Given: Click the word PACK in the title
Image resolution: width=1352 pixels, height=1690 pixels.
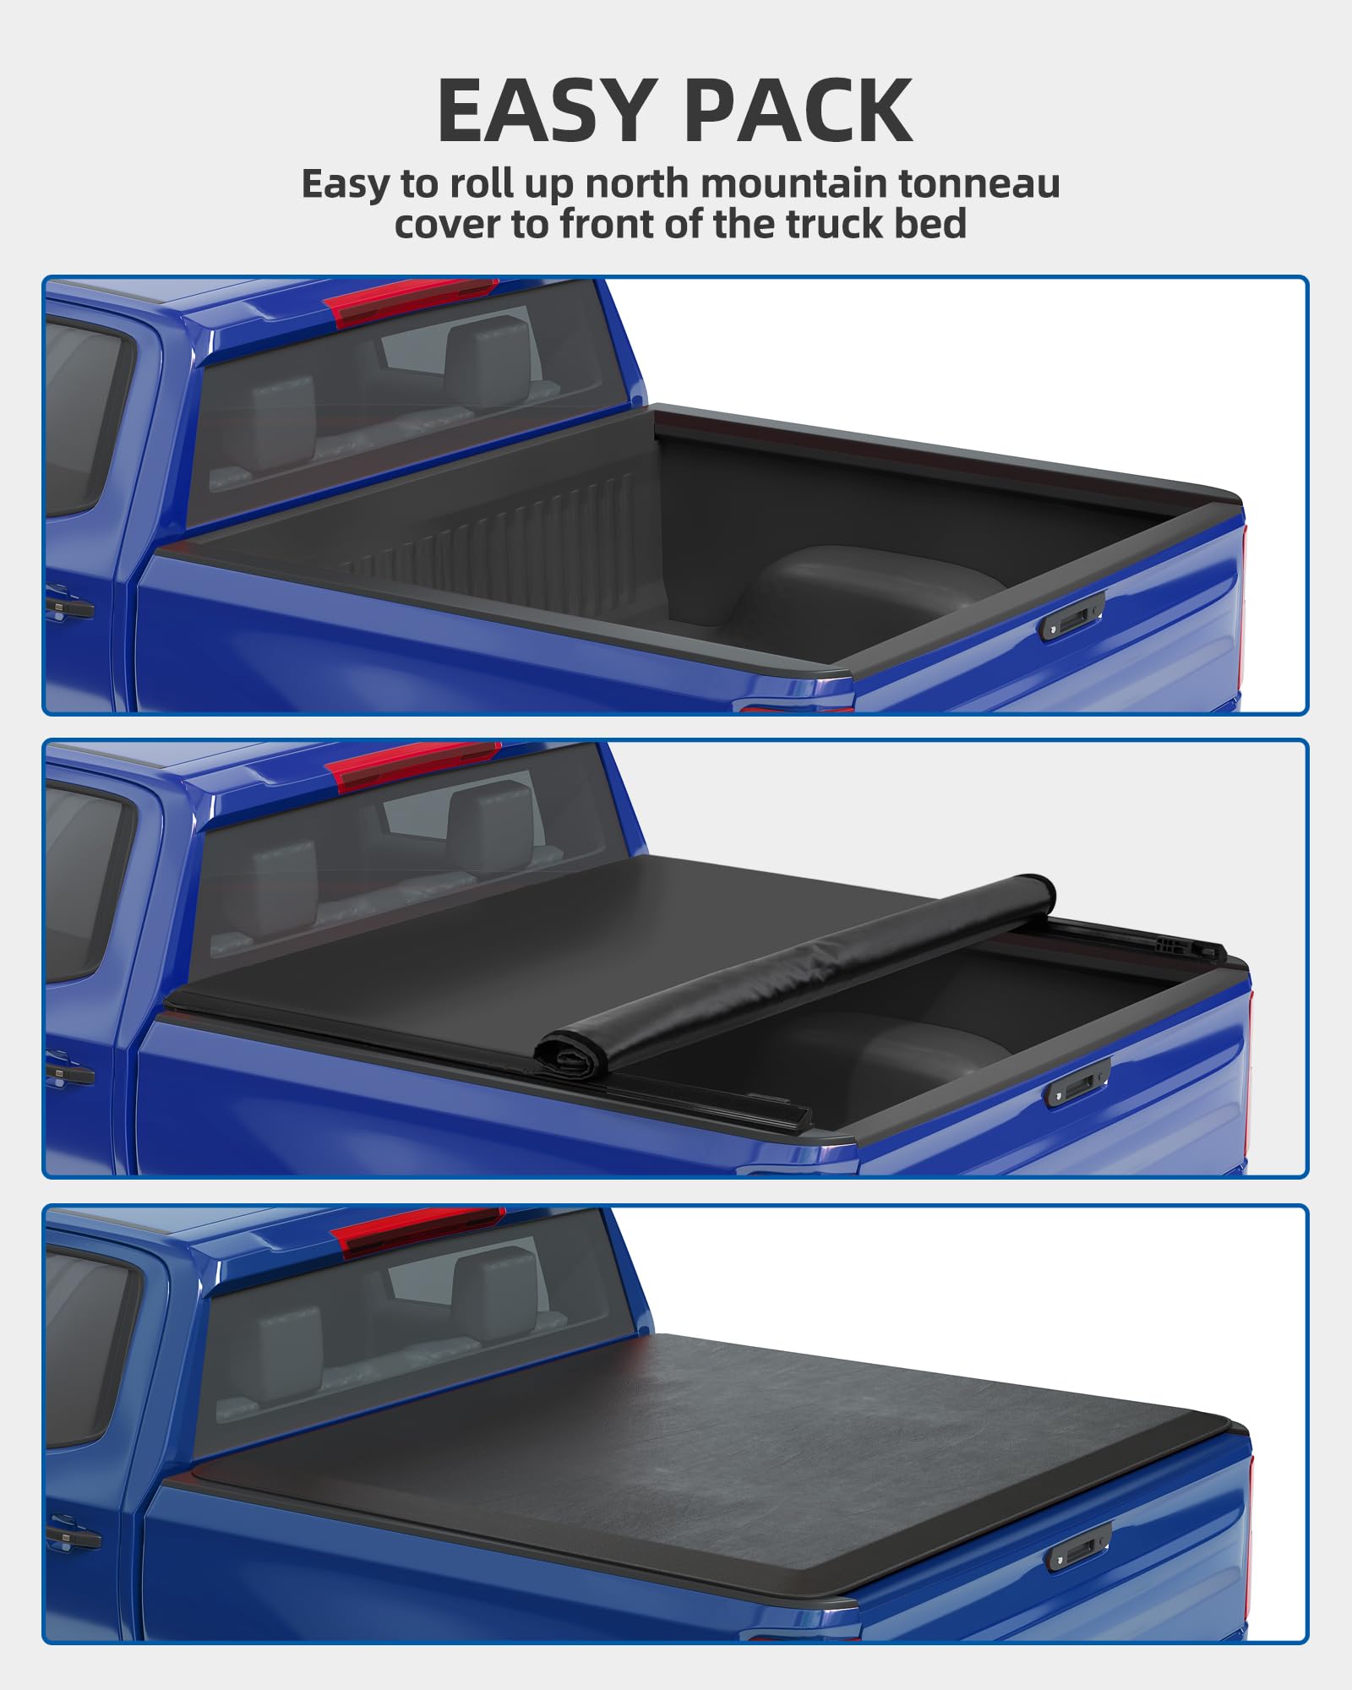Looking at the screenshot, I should click(799, 111).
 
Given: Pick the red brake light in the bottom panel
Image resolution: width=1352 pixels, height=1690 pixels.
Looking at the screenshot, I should click(418, 1229).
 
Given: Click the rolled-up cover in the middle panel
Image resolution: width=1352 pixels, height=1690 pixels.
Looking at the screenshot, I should click(794, 972).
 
